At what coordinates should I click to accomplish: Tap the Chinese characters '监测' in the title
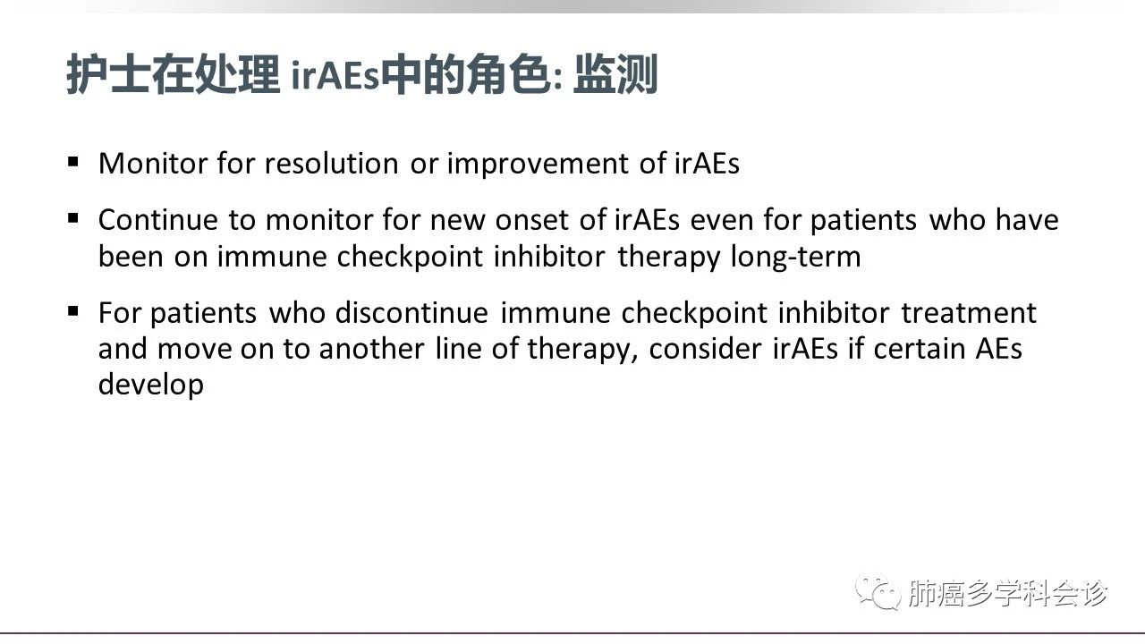coord(615,74)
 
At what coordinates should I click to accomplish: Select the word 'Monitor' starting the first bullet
coord(152,164)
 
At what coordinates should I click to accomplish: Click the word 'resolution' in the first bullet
coord(331,164)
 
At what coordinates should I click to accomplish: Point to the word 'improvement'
coord(537,165)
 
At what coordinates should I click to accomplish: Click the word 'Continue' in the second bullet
coord(158,220)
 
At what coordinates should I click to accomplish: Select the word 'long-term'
coord(795,257)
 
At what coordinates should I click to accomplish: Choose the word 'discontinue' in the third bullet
coord(411,312)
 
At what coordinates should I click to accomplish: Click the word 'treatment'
coord(968,313)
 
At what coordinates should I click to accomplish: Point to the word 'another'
coord(371,349)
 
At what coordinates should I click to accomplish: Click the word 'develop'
coord(151,385)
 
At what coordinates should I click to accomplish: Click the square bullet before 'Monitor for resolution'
coord(73,162)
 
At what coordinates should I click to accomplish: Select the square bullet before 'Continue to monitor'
coord(73,218)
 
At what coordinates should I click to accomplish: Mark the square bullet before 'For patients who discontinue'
coord(73,311)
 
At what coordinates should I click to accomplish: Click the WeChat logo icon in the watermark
coord(878,592)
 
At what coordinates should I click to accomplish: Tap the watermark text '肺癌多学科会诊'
coord(1007,593)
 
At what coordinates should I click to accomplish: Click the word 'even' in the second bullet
coord(721,220)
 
